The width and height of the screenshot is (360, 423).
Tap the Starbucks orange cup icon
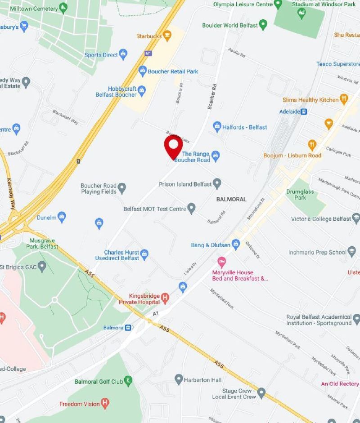tap(167, 35)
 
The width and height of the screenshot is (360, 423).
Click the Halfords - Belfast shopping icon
tap(217, 127)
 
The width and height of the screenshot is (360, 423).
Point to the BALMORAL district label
tap(231, 199)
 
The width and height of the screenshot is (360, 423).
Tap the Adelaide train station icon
tap(304, 111)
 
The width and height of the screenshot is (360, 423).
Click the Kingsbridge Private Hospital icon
tap(165, 297)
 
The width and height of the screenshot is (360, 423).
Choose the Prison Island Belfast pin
tap(217, 184)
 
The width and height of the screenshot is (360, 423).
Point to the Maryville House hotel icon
tap(221, 262)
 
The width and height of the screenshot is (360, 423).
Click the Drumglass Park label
tap(297, 195)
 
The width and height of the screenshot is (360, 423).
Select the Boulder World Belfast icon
tap(264, 25)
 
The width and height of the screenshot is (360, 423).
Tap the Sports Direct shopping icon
tap(124, 55)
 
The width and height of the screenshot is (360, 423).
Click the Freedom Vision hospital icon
tap(105, 404)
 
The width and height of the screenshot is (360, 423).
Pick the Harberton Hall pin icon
tap(179, 380)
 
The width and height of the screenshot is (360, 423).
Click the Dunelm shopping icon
tap(62, 218)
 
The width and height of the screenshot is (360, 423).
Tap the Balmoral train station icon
tap(129, 328)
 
